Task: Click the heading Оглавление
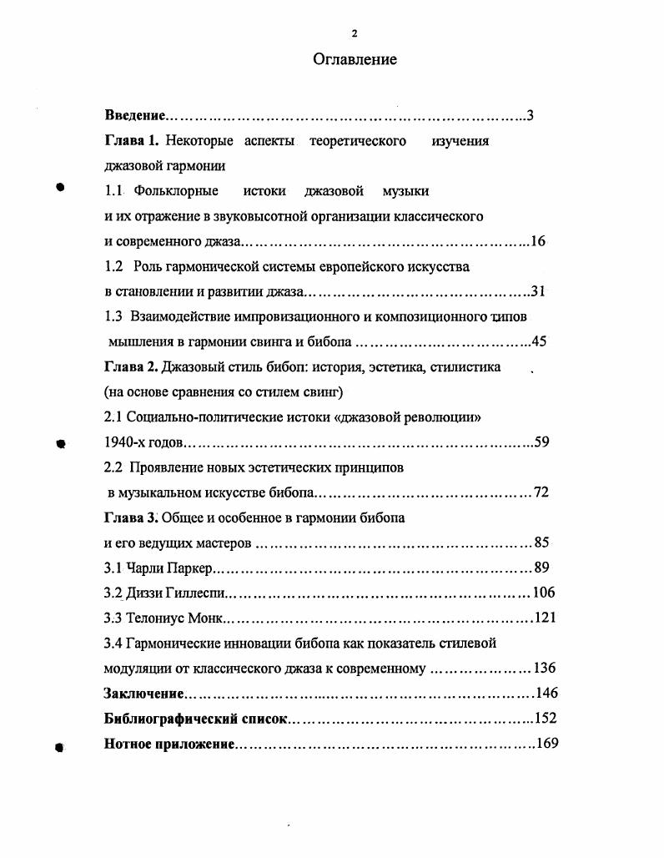(x=355, y=59)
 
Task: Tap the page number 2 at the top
(x=355, y=33)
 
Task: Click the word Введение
(x=135, y=116)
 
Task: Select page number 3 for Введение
(x=530, y=116)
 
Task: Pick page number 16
(x=537, y=242)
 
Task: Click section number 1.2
(x=115, y=267)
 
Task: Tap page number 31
(x=538, y=292)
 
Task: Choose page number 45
(x=538, y=342)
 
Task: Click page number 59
(x=541, y=442)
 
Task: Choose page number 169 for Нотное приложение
(x=546, y=744)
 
